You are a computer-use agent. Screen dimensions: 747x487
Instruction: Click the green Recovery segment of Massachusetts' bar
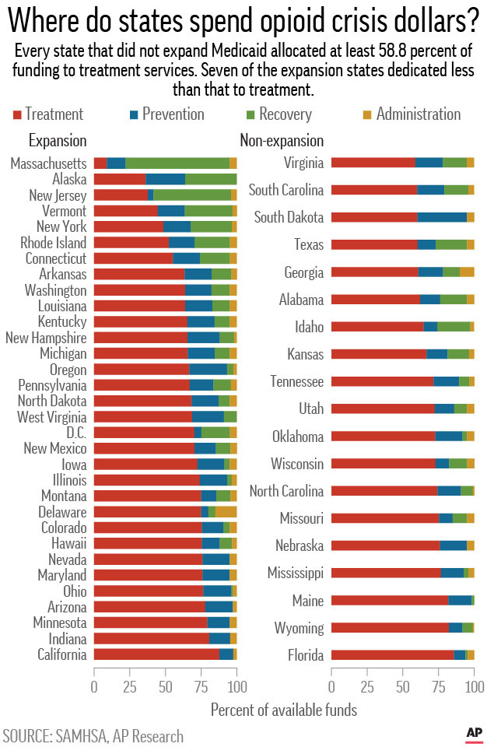pos(177,163)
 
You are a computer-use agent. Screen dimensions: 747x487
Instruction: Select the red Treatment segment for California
pos(156,654)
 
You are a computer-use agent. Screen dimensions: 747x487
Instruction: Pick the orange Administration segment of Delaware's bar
pos(226,511)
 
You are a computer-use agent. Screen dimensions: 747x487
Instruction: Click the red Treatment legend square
pos(17,115)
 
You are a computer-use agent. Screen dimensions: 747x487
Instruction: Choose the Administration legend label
pos(418,114)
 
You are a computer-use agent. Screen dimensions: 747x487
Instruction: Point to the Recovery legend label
pos(285,114)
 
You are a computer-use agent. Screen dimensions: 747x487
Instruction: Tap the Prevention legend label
pos(173,114)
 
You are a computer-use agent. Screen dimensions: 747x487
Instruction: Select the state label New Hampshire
pos(46,338)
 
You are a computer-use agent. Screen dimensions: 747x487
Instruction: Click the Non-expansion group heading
pos(281,141)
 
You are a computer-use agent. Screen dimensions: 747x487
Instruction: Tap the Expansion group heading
pos(57,141)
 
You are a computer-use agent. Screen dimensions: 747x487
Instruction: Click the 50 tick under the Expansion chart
pos(166,687)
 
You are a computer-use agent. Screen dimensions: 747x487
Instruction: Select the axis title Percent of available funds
pos(283,709)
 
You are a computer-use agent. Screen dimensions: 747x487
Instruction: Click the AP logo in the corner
pos(474,732)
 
